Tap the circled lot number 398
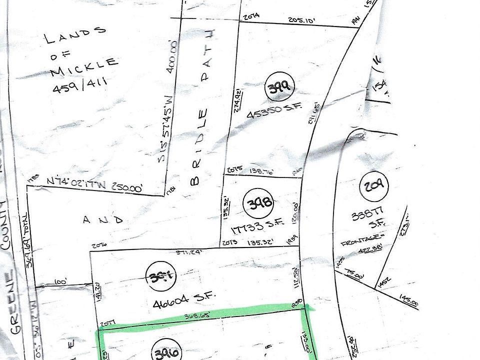coord(258,203)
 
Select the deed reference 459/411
coord(80,89)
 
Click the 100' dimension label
coord(61,282)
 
